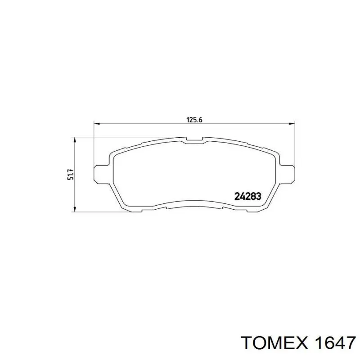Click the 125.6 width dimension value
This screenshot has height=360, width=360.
(194, 120)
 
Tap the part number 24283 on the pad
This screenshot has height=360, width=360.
(248, 196)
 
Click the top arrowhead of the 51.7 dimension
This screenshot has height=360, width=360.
(74, 140)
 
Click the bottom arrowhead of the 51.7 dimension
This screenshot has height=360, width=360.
(74, 209)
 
